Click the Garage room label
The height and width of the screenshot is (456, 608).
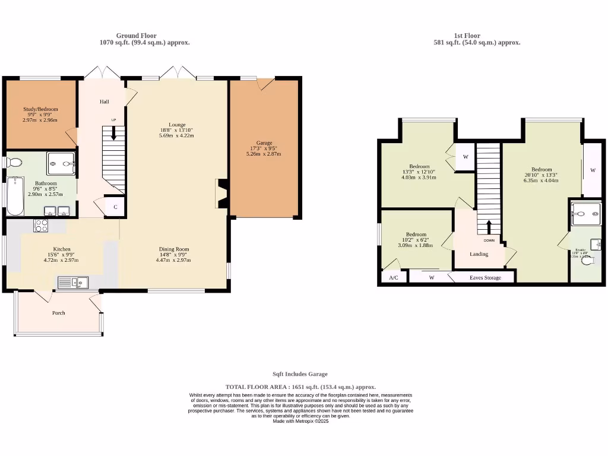(264, 143)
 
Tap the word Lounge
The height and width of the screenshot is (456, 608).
(176, 123)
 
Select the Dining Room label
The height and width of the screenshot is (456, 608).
(173, 249)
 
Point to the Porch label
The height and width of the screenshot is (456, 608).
(58, 313)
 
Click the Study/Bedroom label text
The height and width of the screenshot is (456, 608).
(41, 109)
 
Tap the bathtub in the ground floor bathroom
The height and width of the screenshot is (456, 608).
(15, 196)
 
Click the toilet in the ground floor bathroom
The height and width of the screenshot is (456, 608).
(14, 162)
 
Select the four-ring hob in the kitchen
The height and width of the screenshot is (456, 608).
(41, 225)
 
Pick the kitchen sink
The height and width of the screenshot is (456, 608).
(72, 282)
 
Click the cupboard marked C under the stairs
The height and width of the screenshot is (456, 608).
(115, 207)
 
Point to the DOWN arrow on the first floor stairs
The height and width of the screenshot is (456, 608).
(489, 228)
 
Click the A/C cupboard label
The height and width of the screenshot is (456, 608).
(393, 278)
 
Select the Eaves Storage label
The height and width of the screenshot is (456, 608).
(485, 278)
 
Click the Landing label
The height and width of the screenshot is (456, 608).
(479, 254)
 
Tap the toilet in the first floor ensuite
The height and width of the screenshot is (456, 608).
(588, 261)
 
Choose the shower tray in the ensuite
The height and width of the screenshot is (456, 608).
(585, 214)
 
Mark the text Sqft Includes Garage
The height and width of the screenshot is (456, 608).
(300, 374)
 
